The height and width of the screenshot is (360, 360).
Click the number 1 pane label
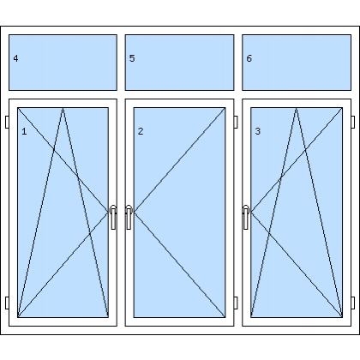pyautogui.click(x=24, y=131)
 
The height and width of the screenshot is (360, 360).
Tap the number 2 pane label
pyautogui.click(x=141, y=131)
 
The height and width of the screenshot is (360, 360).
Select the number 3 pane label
pyautogui.click(x=258, y=131)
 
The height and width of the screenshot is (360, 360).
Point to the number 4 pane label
pyautogui.click(x=15, y=58)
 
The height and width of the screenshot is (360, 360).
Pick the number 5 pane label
pyautogui.click(x=132, y=58)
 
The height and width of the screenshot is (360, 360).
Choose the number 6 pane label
pyautogui.click(x=249, y=58)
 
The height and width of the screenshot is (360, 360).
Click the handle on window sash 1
pyautogui.click(x=113, y=217)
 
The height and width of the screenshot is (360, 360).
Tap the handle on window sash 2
pyautogui.click(x=129, y=217)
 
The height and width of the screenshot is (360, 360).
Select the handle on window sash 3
pyautogui.click(x=246, y=217)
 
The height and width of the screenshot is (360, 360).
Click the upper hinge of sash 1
pyautogui.click(x=7, y=122)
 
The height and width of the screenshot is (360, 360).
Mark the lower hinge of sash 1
pyautogui.click(x=7, y=303)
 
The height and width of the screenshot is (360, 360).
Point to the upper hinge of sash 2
pyautogui.click(x=236, y=122)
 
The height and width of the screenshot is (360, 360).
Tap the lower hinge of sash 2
pyautogui.click(x=236, y=303)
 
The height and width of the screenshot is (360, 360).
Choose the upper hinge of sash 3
pyautogui.click(x=353, y=122)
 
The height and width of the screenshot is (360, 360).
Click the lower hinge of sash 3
pyautogui.click(x=353, y=303)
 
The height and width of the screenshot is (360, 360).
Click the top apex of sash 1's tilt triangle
pyautogui.click(x=63, y=108)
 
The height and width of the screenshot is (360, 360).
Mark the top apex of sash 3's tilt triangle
pyautogui.click(x=297, y=108)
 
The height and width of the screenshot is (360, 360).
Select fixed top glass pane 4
pyautogui.click(x=63, y=63)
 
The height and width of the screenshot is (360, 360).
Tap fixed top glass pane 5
pyautogui.click(x=179, y=63)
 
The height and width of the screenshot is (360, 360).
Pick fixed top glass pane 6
pyautogui.click(x=297, y=63)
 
